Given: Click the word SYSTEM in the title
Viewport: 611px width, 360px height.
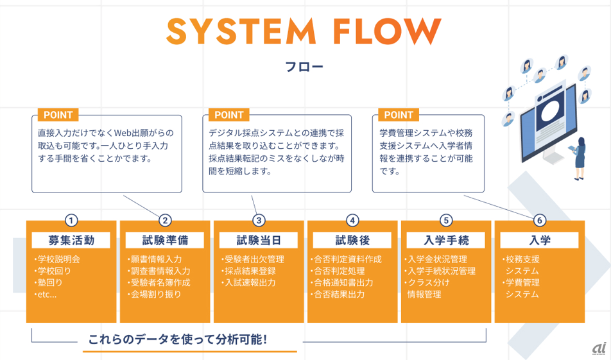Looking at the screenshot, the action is click(x=241, y=31).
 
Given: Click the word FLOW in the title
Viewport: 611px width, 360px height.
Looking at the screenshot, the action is click(x=388, y=31).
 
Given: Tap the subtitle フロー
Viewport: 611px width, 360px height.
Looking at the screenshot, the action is click(x=304, y=67).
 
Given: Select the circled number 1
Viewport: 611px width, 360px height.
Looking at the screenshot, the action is click(x=71, y=221).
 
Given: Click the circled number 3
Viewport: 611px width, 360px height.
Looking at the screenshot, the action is click(x=259, y=221).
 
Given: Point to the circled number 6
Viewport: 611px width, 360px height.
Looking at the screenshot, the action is click(x=540, y=221).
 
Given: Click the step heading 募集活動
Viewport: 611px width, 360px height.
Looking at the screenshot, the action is click(x=71, y=241).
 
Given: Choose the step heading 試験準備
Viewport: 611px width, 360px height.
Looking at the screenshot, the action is click(x=165, y=241).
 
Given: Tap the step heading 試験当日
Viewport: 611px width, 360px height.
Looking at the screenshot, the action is click(x=259, y=241).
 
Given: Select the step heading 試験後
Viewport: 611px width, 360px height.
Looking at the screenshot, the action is click(x=352, y=241).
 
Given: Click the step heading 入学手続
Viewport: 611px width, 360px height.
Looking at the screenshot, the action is click(x=446, y=241).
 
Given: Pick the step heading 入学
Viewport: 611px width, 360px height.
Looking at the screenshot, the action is click(x=540, y=241).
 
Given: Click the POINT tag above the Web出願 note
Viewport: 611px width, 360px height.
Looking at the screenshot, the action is click(x=58, y=115).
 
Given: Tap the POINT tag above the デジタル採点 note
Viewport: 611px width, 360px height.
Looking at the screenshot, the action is click(x=228, y=115).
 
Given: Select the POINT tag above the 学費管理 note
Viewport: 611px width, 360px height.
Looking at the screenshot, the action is click(x=398, y=115).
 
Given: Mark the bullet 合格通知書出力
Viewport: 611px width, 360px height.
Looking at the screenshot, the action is click(x=342, y=282).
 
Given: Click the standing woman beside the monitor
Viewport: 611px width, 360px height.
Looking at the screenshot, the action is click(x=579, y=159).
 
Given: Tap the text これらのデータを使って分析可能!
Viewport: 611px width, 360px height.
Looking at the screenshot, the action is click(x=178, y=339).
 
